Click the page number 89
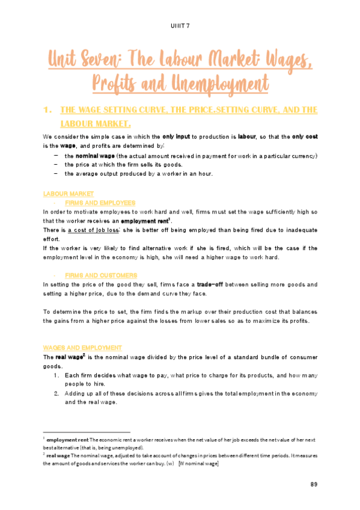point(314,485)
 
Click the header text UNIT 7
point(180,25)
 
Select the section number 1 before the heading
point(47,111)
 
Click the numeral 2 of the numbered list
point(55,393)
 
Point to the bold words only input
point(177,137)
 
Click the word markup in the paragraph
point(178,312)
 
